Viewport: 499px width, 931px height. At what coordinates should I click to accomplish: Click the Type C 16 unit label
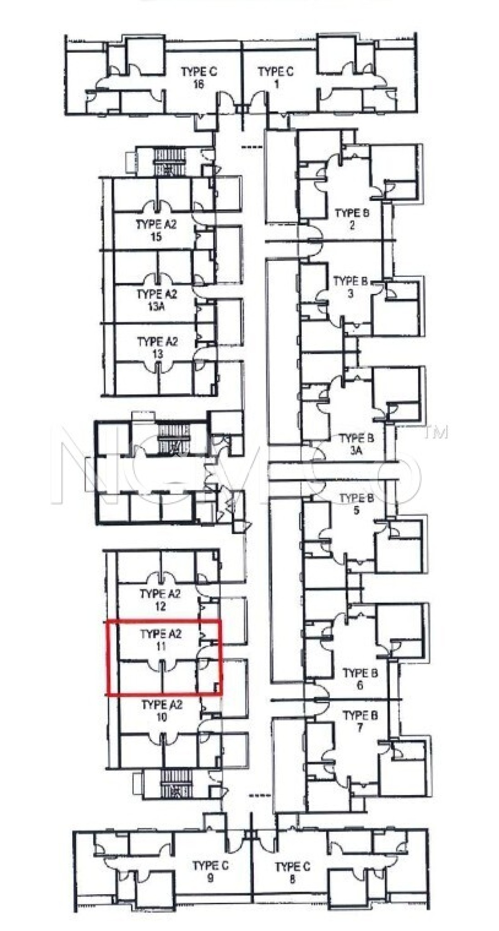pos(199,78)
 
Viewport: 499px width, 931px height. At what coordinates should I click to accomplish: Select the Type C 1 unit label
pos(276,78)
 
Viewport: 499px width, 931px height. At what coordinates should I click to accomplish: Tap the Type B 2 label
pos(352,219)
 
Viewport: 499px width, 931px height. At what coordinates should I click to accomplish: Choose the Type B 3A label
pos(357,444)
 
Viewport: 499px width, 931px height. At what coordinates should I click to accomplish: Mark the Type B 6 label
pos(360,679)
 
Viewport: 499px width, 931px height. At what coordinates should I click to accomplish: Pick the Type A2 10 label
pos(161,711)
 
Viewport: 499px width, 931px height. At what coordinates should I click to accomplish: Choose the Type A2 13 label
pos(157,347)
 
